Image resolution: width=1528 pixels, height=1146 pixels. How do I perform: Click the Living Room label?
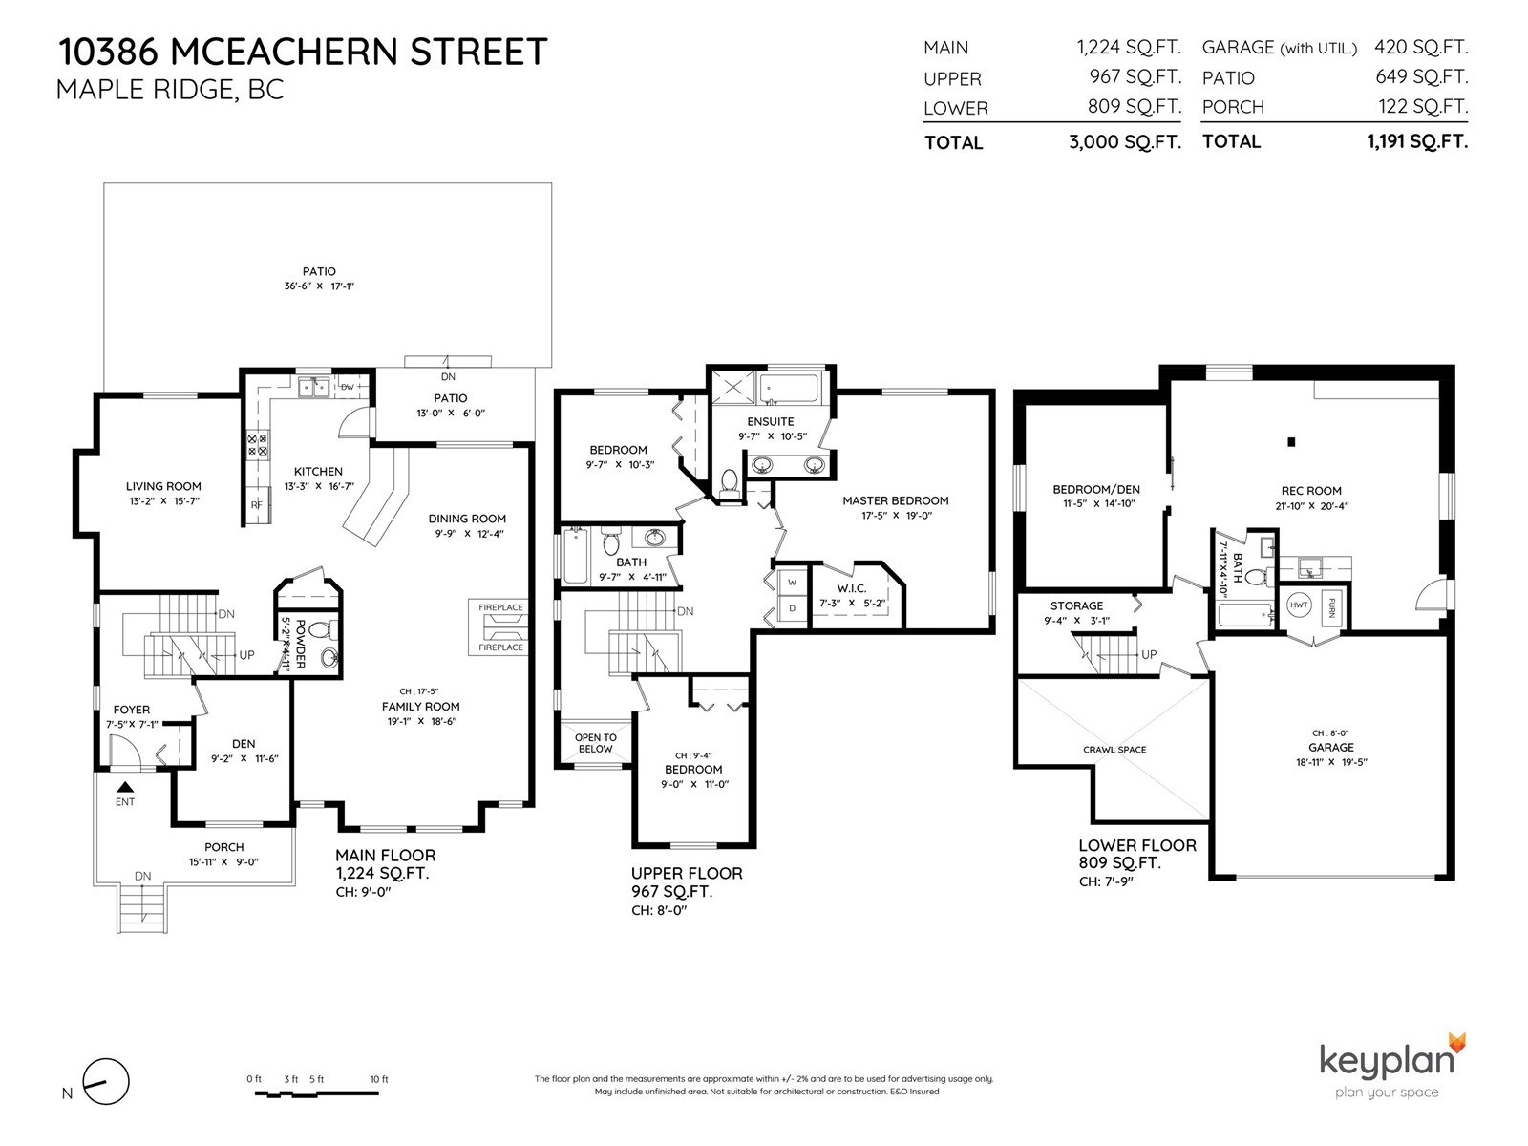pyautogui.click(x=163, y=486)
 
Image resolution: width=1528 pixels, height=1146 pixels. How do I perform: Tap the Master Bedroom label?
pyautogui.click(x=895, y=500)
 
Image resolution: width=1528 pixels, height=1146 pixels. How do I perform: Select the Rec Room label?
pyautogui.click(x=1311, y=491)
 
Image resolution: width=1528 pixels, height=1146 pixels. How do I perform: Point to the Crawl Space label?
pyautogui.click(x=1114, y=750)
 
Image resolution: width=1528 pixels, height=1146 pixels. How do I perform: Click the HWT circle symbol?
pyautogui.click(x=1299, y=605)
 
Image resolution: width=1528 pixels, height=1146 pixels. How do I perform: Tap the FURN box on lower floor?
pyautogui.click(x=1331, y=607)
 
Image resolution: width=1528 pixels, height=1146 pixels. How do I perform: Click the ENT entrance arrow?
pyautogui.click(x=125, y=787)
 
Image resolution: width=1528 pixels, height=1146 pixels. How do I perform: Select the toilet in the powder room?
pyautogui.click(x=321, y=631)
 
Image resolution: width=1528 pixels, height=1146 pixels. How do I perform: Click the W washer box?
pyautogui.click(x=793, y=582)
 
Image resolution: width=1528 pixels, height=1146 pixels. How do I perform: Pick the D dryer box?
pyautogui.click(x=793, y=609)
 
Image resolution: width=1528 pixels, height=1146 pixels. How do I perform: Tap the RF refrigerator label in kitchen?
pyautogui.click(x=257, y=505)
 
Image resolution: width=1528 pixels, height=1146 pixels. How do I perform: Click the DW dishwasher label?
pyautogui.click(x=348, y=387)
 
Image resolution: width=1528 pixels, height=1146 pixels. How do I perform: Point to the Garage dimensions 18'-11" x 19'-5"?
pyautogui.click(x=1331, y=762)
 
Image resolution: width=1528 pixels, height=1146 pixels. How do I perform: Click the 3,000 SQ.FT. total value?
pyautogui.click(x=1125, y=142)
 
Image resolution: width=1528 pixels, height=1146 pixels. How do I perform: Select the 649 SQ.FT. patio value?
pyautogui.click(x=1421, y=76)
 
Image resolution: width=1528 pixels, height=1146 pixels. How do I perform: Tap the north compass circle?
pyautogui.click(x=106, y=1081)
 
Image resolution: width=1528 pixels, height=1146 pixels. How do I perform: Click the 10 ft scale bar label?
pyautogui.click(x=379, y=1079)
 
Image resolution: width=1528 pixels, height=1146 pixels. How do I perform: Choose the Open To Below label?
pyautogui.click(x=595, y=743)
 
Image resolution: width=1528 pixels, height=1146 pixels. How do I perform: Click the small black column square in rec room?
pyautogui.click(x=1291, y=441)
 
